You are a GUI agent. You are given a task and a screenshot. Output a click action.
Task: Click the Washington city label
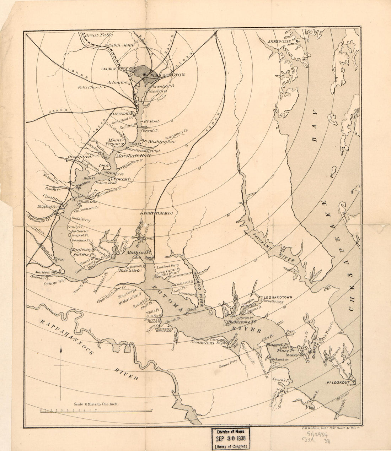coord(167,75)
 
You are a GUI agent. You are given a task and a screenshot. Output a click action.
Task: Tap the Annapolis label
coord(280,42)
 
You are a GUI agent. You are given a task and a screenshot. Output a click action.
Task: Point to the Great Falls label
coord(98,35)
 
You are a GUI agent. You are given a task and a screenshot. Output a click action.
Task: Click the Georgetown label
coord(114,69)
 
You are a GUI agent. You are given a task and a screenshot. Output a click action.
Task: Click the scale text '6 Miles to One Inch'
coord(96,404)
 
